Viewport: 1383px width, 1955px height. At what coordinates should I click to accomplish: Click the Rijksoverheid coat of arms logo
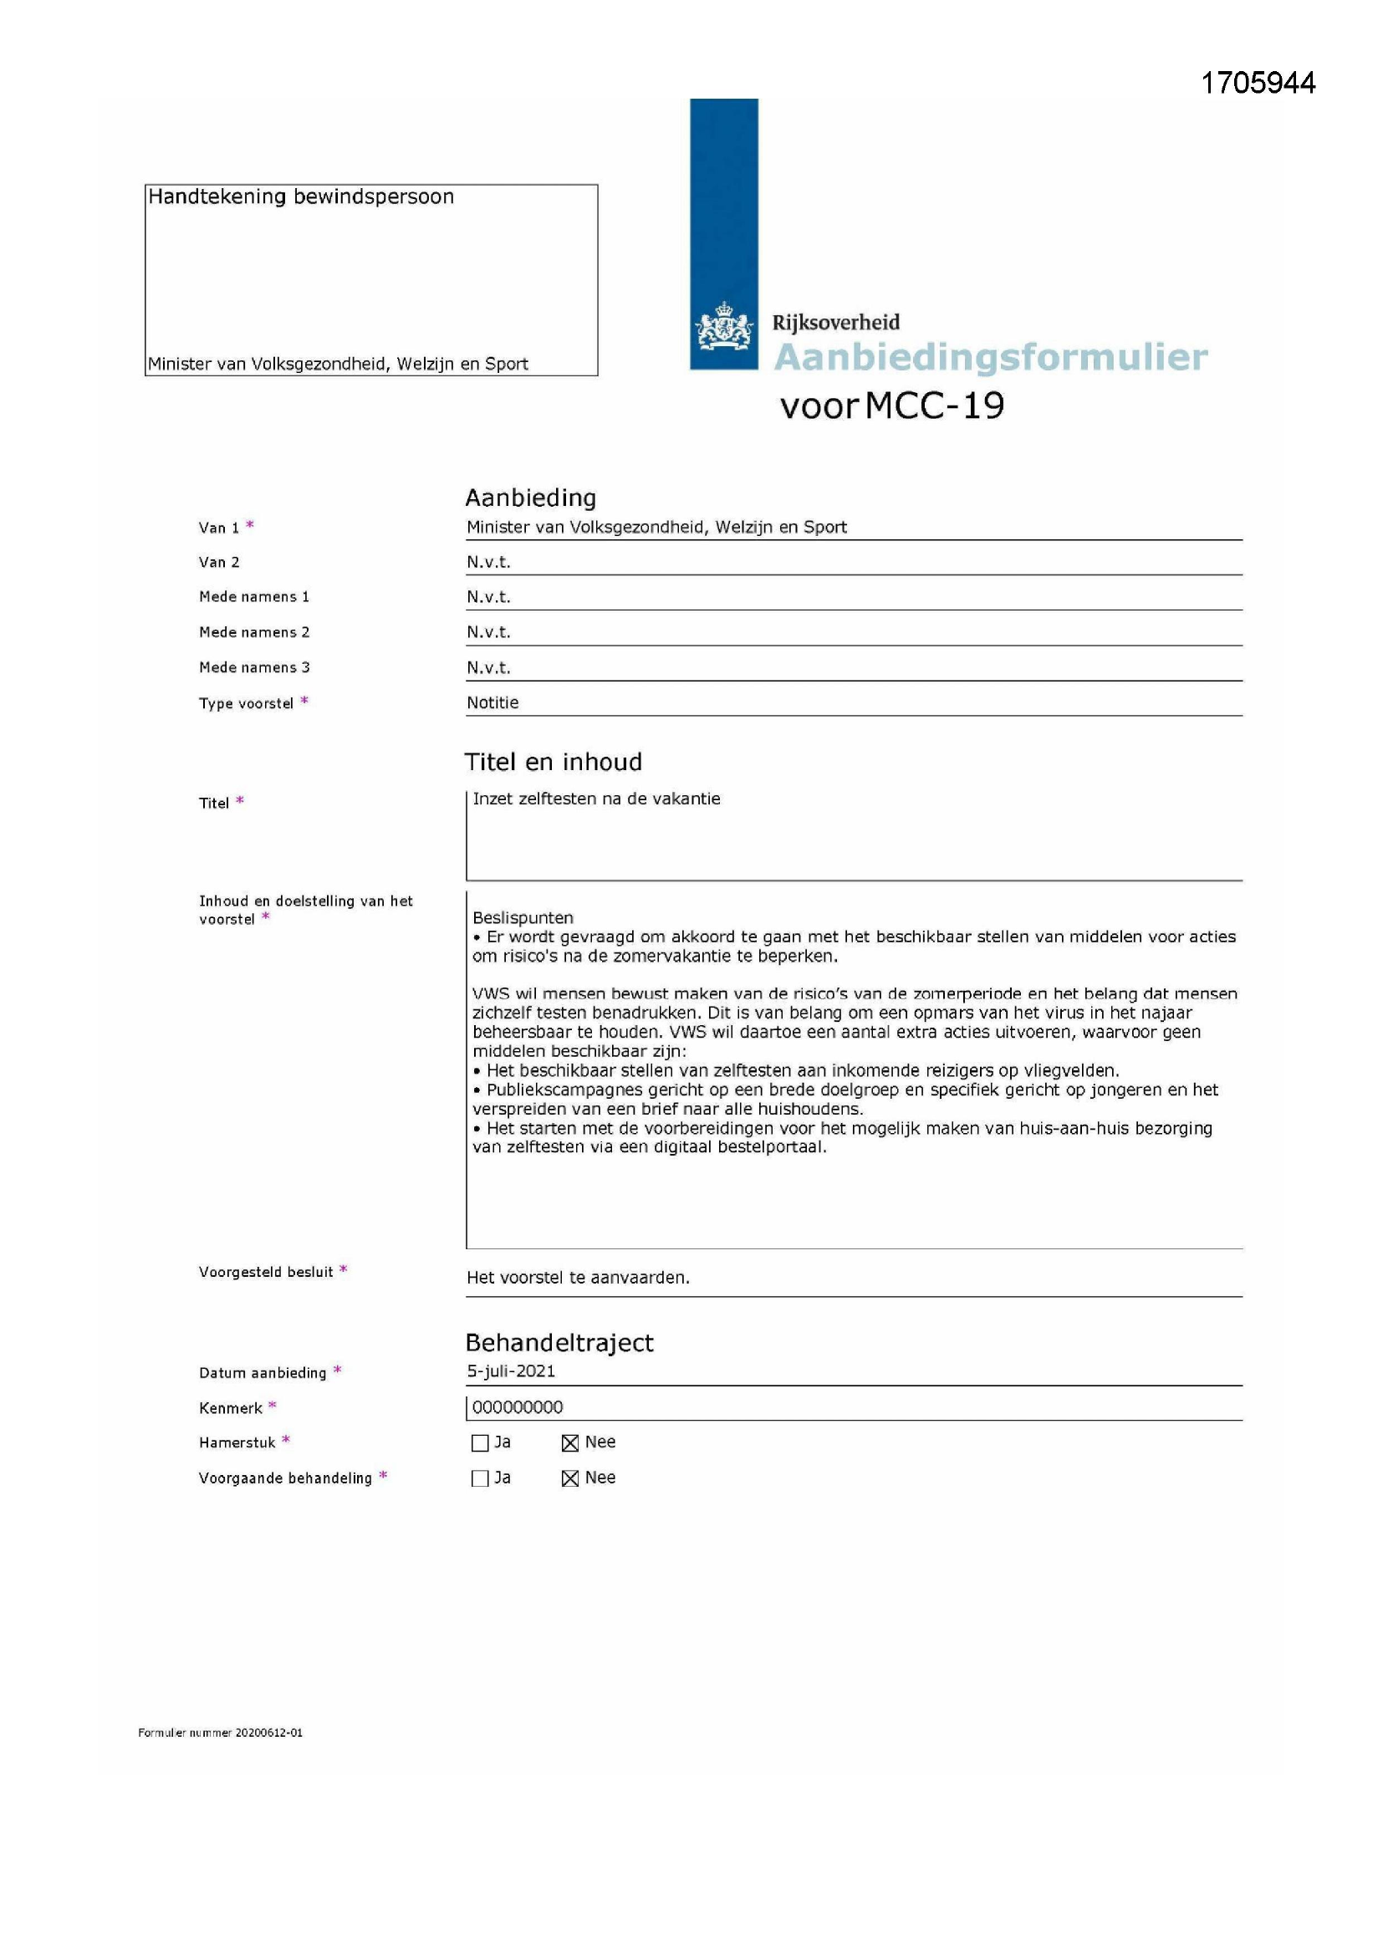pyautogui.click(x=724, y=327)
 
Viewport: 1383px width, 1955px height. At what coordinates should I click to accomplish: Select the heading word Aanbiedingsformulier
pyautogui.click(x=989, y=357)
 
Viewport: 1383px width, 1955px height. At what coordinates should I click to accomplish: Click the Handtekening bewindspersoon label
pyautogui.click(x=301, y=197)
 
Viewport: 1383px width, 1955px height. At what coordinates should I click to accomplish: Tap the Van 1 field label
pyautogui.click(x=219, y=528)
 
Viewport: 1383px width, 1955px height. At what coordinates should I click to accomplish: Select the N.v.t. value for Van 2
pyautogui.click(x=488, y=562)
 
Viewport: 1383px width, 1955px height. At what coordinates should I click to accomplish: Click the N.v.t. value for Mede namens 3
pyautogui.click(x=488, y=667)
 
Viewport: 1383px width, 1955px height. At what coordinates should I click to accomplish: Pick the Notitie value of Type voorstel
pyautogui.click(x=492, y=702)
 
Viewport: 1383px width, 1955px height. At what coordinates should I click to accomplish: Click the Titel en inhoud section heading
pyautogui.click(x=553, y=761)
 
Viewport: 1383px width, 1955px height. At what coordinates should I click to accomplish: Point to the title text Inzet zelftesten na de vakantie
pyautogui.click(x=596, y=799)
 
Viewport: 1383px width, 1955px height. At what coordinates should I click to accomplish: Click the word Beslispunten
pyautogui.click(x=523, y=918)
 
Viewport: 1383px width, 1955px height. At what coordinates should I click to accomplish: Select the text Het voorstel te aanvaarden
pyautogui.click(x=578, y=1277)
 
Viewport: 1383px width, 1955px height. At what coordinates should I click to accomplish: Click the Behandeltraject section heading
pyautogui.click(x=559, y=1343)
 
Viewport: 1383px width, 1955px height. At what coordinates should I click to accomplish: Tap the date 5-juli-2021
pyautogui.click(x=511, y=1371)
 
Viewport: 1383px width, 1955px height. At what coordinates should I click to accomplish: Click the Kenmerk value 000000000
pyautogui.click(x=517, y=1407)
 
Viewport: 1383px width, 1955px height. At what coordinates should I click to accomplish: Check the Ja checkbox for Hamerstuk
pyautogui.click(x=479, y=1442)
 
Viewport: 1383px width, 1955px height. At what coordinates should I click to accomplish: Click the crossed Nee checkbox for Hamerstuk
pyautogui.click(x=569, y=1442)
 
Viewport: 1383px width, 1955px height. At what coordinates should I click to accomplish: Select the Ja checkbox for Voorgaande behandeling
pyautogui.click(x=479, y=1478)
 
